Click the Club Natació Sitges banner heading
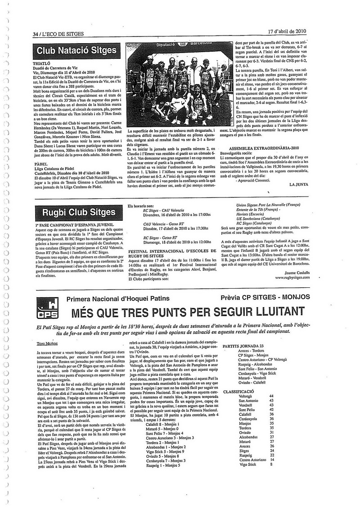(x=76, y=50)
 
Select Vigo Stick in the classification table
(x=247, y=464)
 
